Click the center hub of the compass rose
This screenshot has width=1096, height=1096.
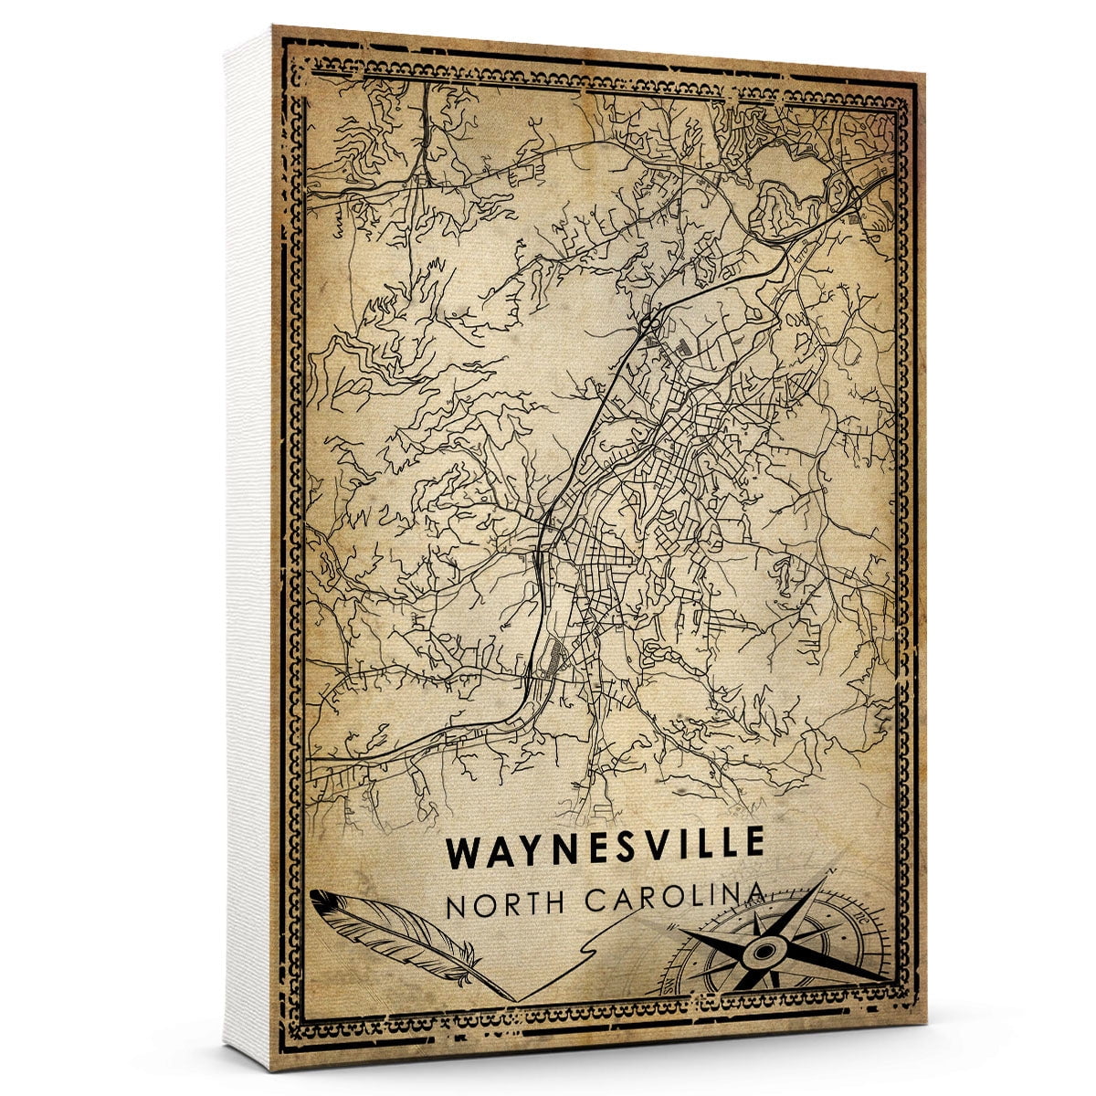(761, 954)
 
